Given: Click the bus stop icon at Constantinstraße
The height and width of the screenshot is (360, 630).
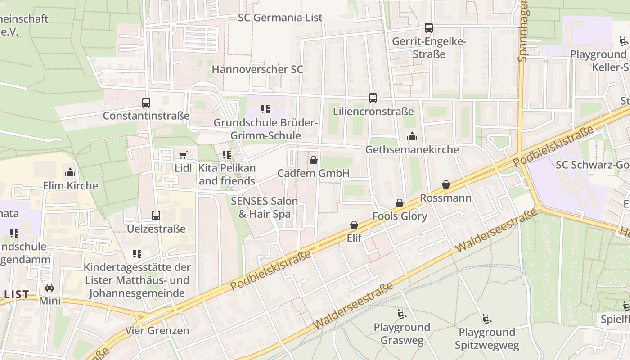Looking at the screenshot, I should (x=146, y=103).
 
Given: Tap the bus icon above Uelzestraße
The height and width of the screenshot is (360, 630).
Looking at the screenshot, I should (x=156, y=216).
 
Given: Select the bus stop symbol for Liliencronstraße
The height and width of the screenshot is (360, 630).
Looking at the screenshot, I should (x=373, y=98).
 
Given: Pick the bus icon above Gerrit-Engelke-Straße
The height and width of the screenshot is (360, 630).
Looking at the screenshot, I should (x=429, y=28).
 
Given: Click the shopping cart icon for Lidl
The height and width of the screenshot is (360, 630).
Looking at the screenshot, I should (x=183, y=155).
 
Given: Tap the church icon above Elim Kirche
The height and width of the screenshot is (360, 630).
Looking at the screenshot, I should (x=70, y=172).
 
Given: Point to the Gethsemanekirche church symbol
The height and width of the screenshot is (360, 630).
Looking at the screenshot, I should (x=412, y=136).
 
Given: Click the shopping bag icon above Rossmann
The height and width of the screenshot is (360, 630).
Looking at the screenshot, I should (x=445, y=184).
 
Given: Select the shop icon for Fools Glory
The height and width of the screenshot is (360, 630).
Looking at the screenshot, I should (x=400, y=203).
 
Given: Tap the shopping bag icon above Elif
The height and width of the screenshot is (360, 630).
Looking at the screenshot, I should (x=354, y=225).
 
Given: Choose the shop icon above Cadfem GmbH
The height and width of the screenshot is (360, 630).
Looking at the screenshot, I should (x=314, y=160).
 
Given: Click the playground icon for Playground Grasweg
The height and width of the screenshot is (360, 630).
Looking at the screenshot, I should (x=402, y=314).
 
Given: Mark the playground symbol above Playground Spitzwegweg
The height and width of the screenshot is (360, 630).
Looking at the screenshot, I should (x=486, y=319).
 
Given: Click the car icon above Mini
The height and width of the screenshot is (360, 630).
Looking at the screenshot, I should (x=49, y=288).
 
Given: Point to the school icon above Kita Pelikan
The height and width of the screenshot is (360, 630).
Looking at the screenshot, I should (x=227, y=155).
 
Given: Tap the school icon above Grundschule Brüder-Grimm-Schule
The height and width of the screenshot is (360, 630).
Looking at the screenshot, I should (x=265, y=109).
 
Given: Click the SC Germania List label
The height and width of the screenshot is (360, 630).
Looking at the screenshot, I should (x=280, y=18).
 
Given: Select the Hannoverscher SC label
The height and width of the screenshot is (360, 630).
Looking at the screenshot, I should (x=257, y=70).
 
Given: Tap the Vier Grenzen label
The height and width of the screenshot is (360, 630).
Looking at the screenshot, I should (x=157, y=331).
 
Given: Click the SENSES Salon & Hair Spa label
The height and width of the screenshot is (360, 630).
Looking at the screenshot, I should (x=265, y=207).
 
